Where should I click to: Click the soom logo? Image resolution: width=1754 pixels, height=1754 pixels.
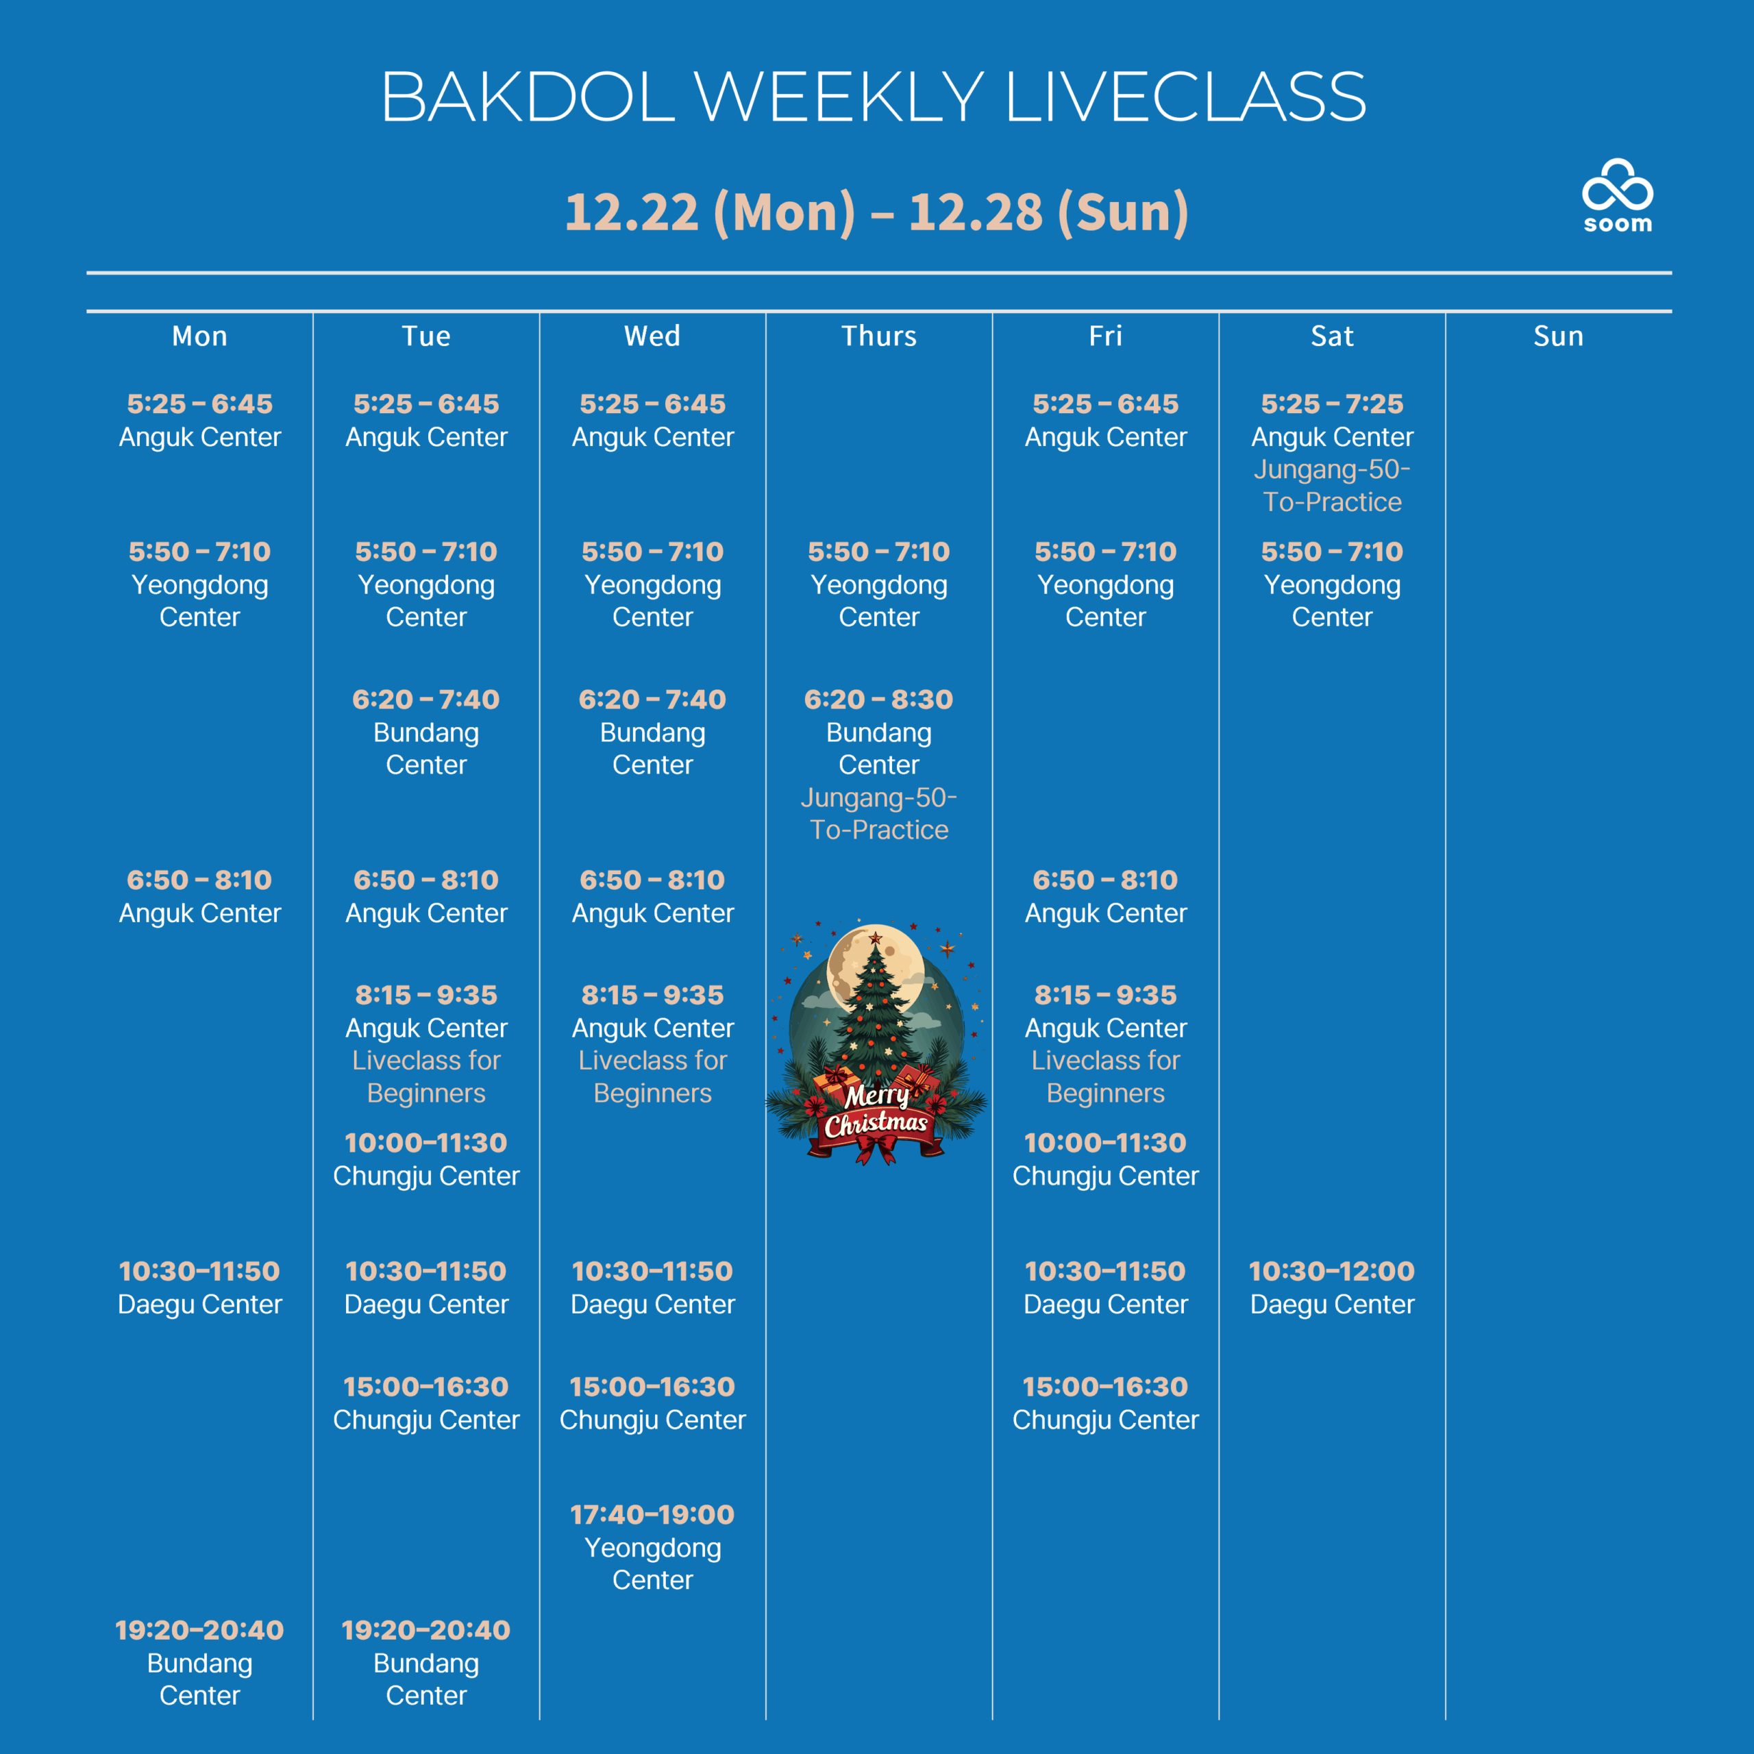1617,195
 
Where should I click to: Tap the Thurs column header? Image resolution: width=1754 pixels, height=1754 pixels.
879,336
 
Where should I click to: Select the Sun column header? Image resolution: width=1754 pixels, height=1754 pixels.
1558,336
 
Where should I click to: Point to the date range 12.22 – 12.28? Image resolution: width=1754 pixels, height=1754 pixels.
877,212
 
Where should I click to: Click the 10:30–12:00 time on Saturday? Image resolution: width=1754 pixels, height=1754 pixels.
1332,1271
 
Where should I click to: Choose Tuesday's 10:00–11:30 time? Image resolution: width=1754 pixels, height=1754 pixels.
425,1142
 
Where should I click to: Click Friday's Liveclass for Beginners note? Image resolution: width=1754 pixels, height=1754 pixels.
1105,1077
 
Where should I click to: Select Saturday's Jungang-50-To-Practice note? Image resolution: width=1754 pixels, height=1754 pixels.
1332,486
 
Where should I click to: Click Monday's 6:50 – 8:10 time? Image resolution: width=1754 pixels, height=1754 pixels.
200,880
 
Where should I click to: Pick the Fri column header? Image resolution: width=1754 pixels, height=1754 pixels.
1105,336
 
